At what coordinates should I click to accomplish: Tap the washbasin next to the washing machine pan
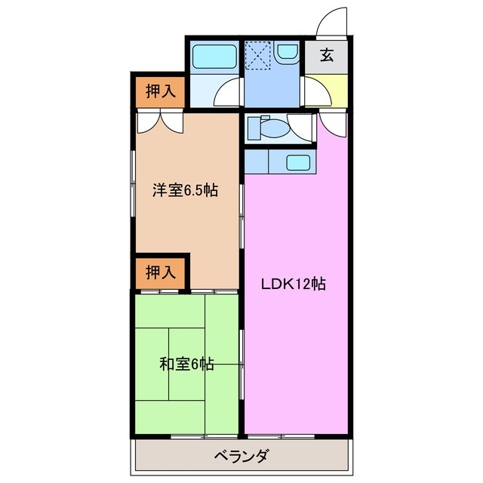click(288, 53)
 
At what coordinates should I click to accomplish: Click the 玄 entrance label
click(326, 55)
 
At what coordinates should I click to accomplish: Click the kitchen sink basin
click(297, 162)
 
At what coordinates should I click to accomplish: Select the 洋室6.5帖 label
click(185, 190)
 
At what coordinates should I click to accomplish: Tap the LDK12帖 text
click(293, 285)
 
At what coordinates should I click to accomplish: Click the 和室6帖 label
click(186, 365)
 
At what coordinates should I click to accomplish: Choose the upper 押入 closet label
click(159, 91)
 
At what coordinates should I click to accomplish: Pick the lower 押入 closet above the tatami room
click(159, 272)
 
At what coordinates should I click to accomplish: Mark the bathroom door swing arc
click(227, 93)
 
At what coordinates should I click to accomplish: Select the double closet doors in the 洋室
click(159, 121)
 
